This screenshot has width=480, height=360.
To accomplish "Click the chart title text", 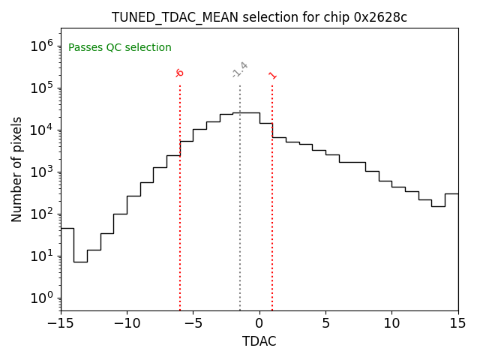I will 259,17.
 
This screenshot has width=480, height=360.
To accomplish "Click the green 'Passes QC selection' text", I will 120,48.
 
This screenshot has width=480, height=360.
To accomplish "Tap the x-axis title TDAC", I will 259,341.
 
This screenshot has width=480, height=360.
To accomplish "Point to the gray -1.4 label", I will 240,70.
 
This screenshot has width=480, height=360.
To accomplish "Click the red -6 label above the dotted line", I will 179,73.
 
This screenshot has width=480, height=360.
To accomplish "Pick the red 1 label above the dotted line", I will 272,75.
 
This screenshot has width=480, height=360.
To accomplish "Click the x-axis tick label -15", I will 61,324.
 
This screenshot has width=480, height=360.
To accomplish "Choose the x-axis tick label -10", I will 127,324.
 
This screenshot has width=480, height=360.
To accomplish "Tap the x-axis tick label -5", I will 193,324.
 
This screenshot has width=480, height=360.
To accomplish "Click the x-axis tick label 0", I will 259,324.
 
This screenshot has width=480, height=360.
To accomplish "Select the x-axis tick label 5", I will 325,324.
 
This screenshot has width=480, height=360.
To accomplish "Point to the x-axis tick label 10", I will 391,324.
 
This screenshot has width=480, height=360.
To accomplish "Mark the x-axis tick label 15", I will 457,324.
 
